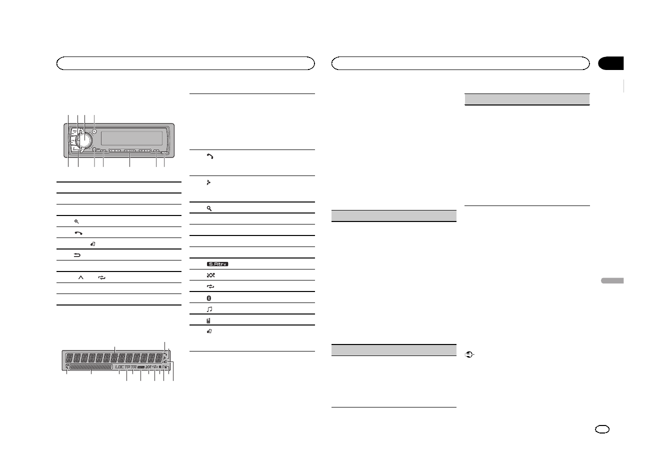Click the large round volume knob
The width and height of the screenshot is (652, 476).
(x=84, y=138)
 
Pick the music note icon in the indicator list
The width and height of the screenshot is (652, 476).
(x=209, y=309)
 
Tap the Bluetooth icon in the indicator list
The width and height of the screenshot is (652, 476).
(x=209, y=298)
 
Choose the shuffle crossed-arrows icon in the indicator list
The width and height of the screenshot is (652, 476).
(x=209, y=275)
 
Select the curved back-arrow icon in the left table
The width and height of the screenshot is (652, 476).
(x=77, y=255)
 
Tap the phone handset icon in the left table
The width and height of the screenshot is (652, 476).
(x=78, y=233)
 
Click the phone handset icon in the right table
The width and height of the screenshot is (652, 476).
(x=210, y=156)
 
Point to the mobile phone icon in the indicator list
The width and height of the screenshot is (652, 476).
(x=209, y=320)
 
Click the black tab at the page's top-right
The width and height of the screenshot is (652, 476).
(x=611, y=63)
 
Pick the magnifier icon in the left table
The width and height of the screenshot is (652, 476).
(x=76, y=221)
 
